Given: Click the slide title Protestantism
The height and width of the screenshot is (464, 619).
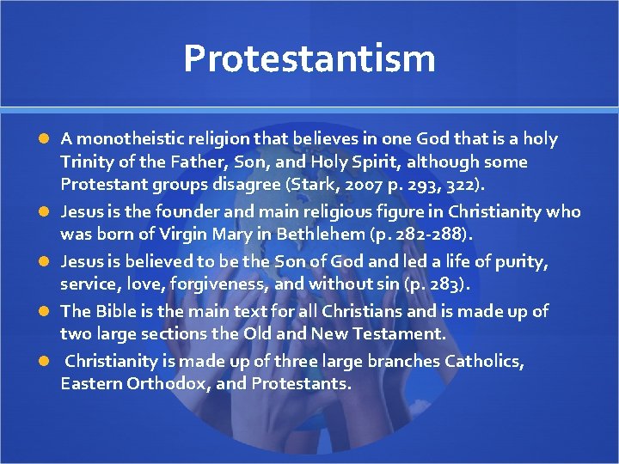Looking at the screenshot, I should point(309,58).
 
